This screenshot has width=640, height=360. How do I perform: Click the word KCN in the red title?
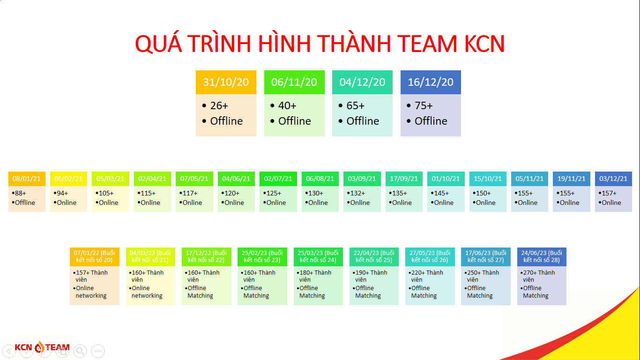[x=484, y=44]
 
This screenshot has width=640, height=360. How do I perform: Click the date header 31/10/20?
[x=226, y=82]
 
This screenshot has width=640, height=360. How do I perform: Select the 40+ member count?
[x=287, y=105]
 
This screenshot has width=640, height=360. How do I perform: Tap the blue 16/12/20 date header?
[x=431, y=82]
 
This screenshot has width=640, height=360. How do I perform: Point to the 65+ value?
[x=356, y=105]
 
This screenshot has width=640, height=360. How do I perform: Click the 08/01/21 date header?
[x=27, y=179]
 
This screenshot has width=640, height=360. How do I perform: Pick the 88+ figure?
[x=20, y=193]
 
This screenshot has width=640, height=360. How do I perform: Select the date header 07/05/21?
[x=194, y=179]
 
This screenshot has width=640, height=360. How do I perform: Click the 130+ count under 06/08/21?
[x=316, y=193]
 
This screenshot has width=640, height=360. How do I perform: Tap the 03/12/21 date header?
[x=613, y=179]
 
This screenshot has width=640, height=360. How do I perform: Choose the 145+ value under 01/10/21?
[x=441, y=193]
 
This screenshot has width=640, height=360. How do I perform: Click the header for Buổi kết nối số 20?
[x=95, y=256]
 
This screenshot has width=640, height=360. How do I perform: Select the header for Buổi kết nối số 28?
[x=542, y=256]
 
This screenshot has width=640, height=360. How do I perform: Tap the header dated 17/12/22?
[x=206, y=256]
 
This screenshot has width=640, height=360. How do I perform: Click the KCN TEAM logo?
[x=42, y=347]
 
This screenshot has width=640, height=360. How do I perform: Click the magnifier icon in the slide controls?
[x=80, y=351]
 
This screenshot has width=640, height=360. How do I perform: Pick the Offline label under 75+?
[x=431, y=121]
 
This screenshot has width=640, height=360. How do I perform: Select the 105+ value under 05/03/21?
[x=106, y=193]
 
